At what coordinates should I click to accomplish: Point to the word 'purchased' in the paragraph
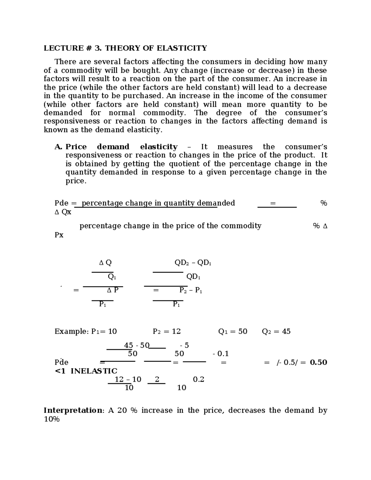click(x=142, y=96)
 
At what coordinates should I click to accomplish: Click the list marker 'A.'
click(x=58, y=147)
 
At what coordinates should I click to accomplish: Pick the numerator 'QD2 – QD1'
click(x=193, y=263)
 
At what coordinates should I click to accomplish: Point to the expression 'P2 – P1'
click(x=190, y=291)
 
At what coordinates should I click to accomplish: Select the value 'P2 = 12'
click(x=167, y=332)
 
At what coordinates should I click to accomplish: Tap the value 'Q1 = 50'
click(x=232, y=332)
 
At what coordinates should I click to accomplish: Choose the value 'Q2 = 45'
click(x=276, y=332)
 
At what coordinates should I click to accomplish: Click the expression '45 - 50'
click(x=136, y=345)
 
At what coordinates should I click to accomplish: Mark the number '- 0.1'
click(x=220, y=354)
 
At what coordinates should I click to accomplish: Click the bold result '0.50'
click(x=318, y=362)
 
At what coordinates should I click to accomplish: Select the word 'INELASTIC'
click(x=94, y=371)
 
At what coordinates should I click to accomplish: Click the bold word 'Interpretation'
click(x=73, y=410)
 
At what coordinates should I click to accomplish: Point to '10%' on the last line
click(x=52, y=419)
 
